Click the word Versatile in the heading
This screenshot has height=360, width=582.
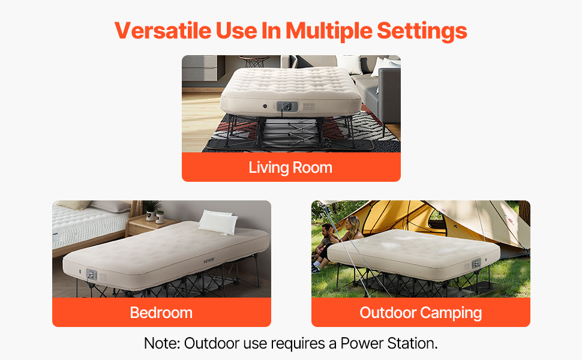point(163,31)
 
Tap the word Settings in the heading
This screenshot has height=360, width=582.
point(422,31)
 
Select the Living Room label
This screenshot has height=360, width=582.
point(290,167)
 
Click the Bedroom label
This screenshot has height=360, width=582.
point(161,313)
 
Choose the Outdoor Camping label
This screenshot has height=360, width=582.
point(421,313)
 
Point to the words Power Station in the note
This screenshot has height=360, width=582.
point(389,343)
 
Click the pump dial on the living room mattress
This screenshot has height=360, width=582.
point(287,107)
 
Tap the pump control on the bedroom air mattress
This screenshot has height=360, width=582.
point(91,275)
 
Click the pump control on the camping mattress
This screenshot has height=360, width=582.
point(476,263)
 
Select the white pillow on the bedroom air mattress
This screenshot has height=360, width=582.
point(218,222)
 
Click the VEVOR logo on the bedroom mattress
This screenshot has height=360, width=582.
point(209,260)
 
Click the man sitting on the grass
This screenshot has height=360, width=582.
point(322,247)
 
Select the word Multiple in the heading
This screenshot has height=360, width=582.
point(329,31)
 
